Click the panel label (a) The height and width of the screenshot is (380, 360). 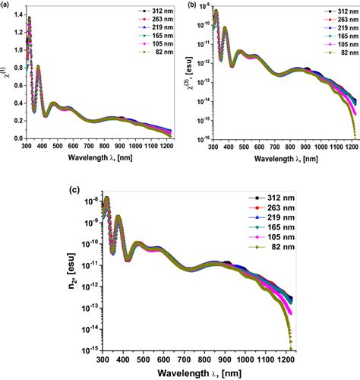[7, 5]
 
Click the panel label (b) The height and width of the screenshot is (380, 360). [188, 5]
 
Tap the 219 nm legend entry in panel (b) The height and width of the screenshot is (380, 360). [333, 29]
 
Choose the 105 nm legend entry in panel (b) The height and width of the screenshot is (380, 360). [333, 46]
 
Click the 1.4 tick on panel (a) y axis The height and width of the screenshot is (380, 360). [15, 16]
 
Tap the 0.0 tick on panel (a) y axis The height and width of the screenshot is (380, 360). [15, 138]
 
